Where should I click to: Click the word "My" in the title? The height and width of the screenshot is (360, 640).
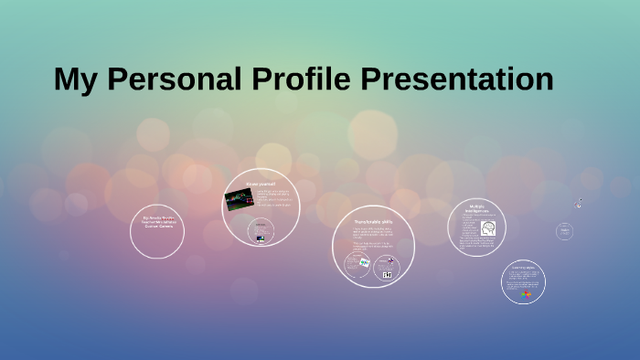[x=77, y=79]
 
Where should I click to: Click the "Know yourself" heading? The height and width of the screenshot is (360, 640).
[x=260, y=184]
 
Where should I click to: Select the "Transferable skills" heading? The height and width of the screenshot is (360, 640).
[x=374, y=221]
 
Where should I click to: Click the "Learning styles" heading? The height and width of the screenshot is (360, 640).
[x=524, y=268]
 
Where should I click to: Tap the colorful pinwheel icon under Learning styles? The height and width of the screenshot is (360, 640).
[x=525, y=294]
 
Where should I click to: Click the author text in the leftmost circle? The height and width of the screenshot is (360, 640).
[x=157, y=222]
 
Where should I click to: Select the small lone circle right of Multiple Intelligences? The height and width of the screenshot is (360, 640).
[x=565, y=231]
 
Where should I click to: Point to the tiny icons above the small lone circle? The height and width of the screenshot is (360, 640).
[x=577, y=204]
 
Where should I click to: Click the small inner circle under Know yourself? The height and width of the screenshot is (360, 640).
[x=261, y=231]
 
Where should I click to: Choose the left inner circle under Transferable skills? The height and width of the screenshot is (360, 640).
[x=357, y=264]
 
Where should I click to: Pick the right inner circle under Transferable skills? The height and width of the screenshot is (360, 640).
[x=387, y=269]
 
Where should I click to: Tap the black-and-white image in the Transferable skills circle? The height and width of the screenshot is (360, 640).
[x=388, y=274]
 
